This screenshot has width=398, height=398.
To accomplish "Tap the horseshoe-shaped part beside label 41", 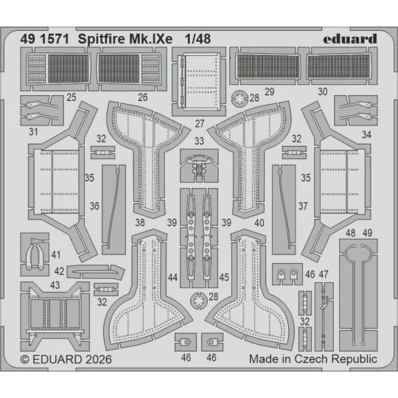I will (35, 255).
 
